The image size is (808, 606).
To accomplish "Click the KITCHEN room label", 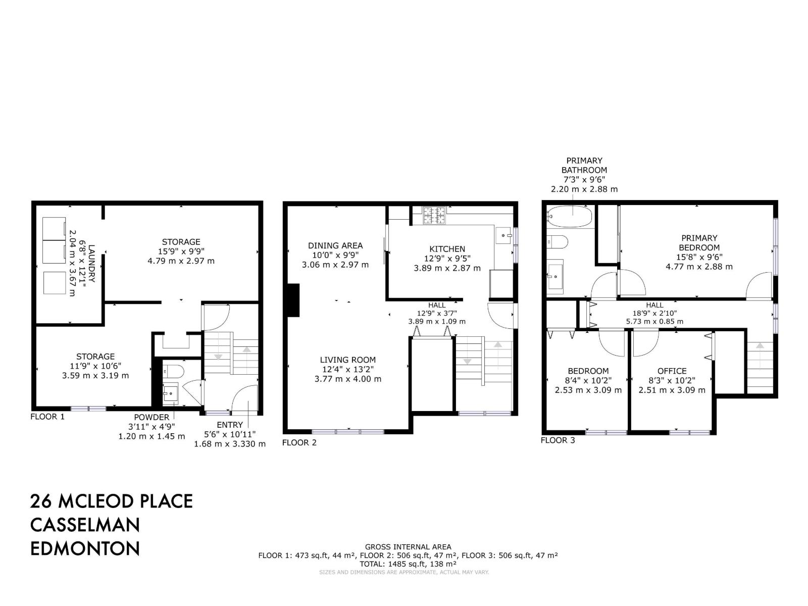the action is [447, 249].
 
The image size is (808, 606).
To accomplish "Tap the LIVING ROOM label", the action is [347, 360].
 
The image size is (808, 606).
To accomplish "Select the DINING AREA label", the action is [335, 245].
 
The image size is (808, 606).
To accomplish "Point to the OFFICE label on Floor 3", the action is [672, 371].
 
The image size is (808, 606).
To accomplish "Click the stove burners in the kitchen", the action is [434, 216].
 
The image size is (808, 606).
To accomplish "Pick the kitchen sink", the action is [504, 235].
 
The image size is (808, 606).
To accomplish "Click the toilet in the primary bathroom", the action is [557, 242].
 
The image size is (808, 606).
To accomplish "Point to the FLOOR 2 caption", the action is [299, 443].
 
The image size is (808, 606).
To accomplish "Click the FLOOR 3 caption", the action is [558, 440].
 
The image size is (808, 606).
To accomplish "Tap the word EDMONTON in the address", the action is [85, 548].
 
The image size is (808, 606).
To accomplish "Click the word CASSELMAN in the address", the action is [85, 525].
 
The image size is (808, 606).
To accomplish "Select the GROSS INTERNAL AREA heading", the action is [408, 547].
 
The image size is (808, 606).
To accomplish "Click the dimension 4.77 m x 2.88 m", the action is [699, 267].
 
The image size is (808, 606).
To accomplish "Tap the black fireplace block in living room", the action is [293, 300].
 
